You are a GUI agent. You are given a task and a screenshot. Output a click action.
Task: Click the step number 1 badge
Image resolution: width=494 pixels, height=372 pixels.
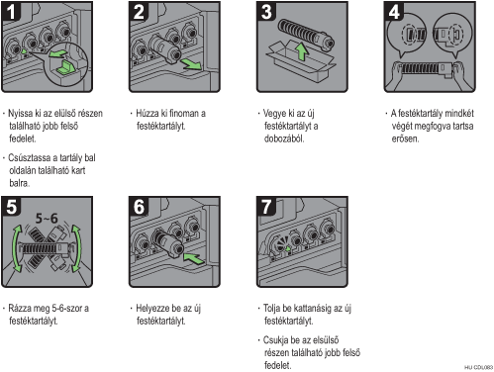click(11, 11)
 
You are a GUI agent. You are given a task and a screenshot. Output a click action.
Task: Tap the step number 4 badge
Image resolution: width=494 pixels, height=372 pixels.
click(394, 11)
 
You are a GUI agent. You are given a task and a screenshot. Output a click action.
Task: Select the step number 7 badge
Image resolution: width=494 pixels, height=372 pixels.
click(266, 207)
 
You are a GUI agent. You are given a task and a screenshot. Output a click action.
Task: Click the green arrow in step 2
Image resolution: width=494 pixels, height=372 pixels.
click(191, 64)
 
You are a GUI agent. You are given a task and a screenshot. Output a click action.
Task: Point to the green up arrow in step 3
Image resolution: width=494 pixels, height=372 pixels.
click(301, 51)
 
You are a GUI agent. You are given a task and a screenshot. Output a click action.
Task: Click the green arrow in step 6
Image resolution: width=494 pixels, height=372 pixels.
click(194, 258)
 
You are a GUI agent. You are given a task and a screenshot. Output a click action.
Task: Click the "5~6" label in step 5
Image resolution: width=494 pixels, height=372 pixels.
click(47, 219)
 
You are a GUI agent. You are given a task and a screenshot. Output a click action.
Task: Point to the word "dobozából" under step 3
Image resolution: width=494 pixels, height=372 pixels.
click(284, 139)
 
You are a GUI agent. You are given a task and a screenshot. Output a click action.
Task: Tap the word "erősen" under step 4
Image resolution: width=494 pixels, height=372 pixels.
click(405, 139)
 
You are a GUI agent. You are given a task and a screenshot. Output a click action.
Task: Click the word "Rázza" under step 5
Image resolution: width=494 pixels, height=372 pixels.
click(20, 309)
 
